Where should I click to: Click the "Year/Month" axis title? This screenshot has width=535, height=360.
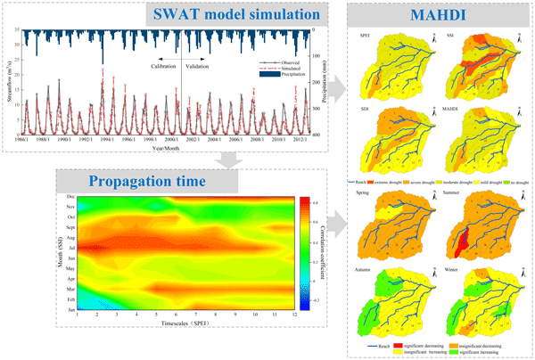167,147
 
